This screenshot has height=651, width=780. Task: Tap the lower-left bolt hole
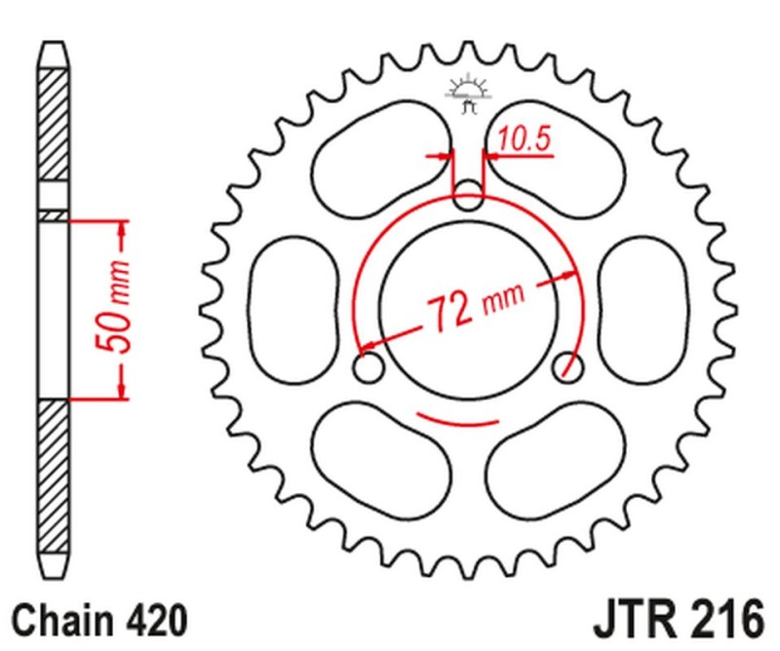click(368, 370)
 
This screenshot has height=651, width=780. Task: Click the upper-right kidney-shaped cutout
click(556, 156)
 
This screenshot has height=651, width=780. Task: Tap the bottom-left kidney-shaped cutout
click(375, 459)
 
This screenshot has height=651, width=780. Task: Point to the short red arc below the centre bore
click(457, 421)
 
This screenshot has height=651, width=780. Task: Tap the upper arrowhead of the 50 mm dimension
click(121, 228)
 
